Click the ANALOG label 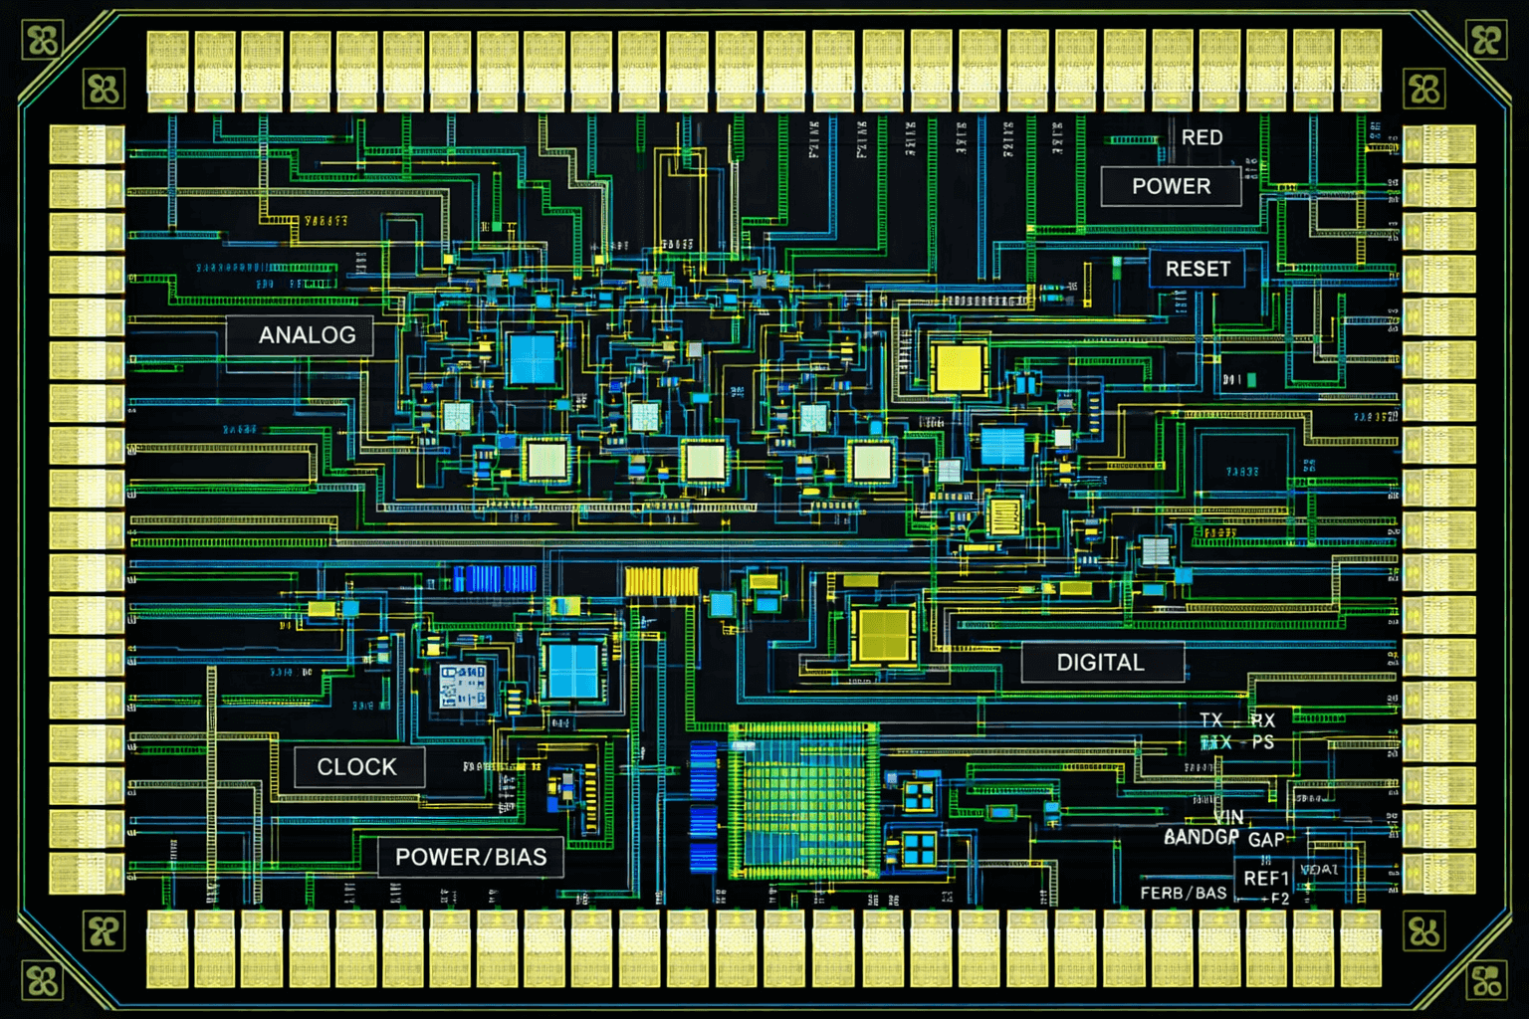[x=307, y=335]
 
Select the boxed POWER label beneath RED [x=1171, y=186]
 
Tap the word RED [x=1201, y=137]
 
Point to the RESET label [x=1198, y=269]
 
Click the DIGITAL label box [x=1101, y=663]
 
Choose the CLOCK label [x=357, y=767]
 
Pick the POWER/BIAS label [x=471, y=857]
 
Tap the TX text [x=1211, y=719]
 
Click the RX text [x=1263, y=720]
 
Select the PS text [x=1263, y=742]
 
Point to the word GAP [x=1266, y=840]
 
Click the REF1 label [x=1266, y=878]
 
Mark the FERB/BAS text [x=1184, y=894]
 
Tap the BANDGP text [x=1201, y=837]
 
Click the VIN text [x=1228, y=817]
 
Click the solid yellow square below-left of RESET [x=958, y=367]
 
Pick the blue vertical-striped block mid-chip [x=495, y=578]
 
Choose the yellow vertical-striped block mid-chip [x=661, y=581]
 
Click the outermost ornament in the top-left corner [x=43, y=41]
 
